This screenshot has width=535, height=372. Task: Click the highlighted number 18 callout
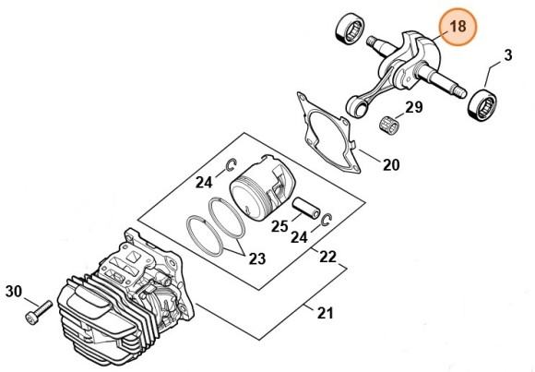pos(458,27)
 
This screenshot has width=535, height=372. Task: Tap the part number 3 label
pos(508,55)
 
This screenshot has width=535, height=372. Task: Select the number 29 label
pos(413,107)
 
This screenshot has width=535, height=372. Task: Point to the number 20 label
pos(391,165)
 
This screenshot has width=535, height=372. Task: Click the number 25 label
pos(279,226)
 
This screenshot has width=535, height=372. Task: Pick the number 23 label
pos(257,259)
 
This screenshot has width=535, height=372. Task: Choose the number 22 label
pos(327,257)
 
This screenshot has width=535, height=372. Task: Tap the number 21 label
pos(326,313)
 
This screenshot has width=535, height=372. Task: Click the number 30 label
pos(14,292)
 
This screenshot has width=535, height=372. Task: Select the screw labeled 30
pos(39,311)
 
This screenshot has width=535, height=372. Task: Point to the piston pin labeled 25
pos(306,208)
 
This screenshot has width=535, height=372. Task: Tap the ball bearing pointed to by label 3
pos(481,103)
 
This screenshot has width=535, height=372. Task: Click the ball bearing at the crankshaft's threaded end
pos(351,28)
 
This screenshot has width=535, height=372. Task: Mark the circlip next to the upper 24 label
pos(232,164)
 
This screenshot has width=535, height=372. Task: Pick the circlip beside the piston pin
pos(327,220)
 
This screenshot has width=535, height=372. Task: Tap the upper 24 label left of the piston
pos(204,182)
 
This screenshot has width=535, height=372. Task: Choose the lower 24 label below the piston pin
pos(299,236)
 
